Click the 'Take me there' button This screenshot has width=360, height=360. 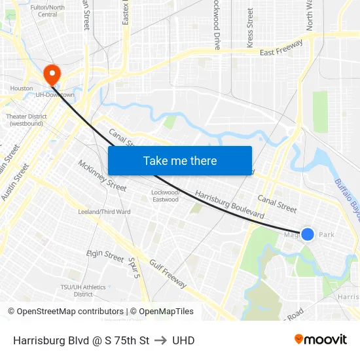click(180, 160)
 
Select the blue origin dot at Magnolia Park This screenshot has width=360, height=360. click(307, 234)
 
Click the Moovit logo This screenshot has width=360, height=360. click(321, 340)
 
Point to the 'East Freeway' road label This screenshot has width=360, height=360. click(281, 48)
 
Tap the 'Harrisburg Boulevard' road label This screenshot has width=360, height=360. click(230, 205)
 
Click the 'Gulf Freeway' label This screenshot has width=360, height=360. click(167, 273)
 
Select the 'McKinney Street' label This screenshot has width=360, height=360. click(102, 175)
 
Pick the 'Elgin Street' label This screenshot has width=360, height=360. click(105, 256)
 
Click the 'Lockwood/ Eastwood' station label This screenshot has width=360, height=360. click(165, 196)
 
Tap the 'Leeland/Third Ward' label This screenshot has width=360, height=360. click(104, 212)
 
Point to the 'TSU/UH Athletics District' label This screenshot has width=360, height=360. click(83, 291)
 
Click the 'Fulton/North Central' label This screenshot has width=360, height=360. click(47, 11)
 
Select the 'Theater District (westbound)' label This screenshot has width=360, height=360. click(26, 120)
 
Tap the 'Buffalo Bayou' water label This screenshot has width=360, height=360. click(346, 200)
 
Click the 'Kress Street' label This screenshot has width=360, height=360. click(250, 27)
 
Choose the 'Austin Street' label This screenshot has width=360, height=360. click(14, 182)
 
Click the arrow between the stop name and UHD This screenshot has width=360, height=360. click(161, 340)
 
